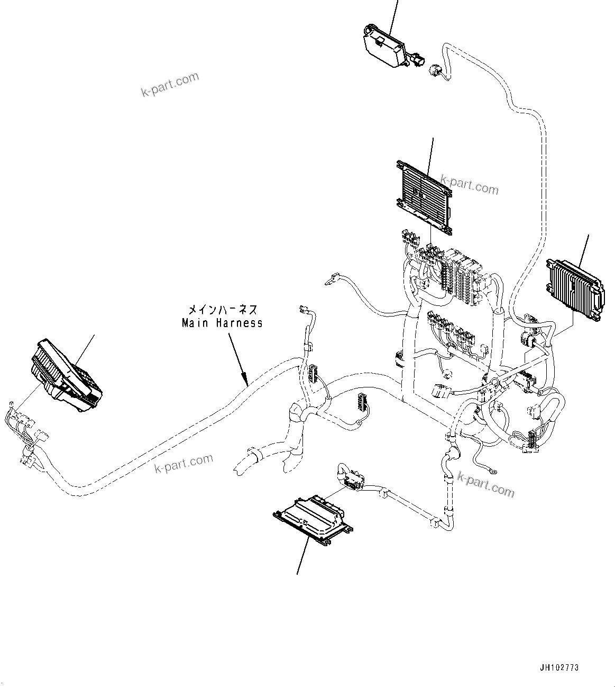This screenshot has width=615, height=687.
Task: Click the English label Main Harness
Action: (222, 322)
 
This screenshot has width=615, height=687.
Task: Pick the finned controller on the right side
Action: (574, 289)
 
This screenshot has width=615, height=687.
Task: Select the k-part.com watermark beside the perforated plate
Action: (469, 186)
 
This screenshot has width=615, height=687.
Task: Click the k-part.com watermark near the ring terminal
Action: (485, 484)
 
